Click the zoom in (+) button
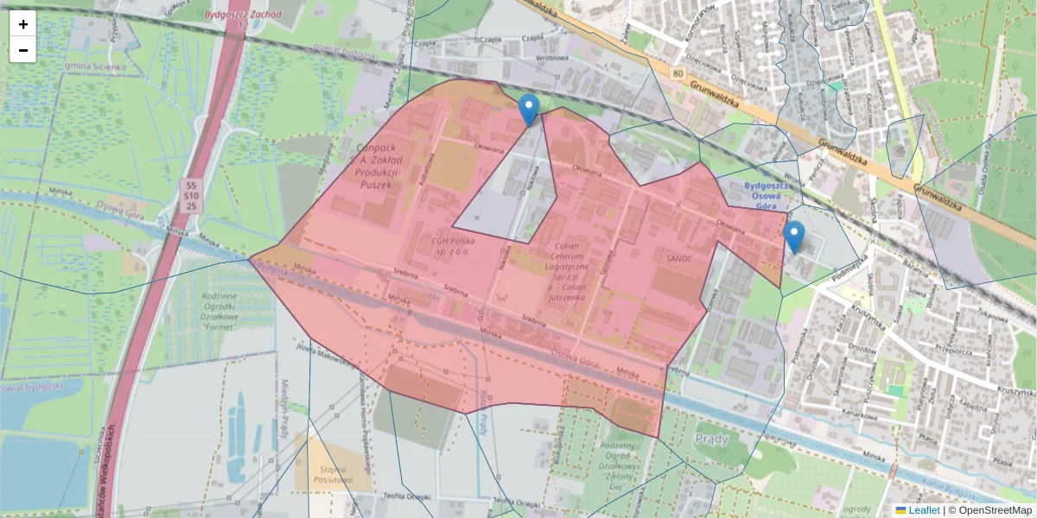pos(23,24)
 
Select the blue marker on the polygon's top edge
pos(529,110)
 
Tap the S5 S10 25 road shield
pos(191,196)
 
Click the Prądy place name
pos(712,439)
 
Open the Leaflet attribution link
pos(923,510)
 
